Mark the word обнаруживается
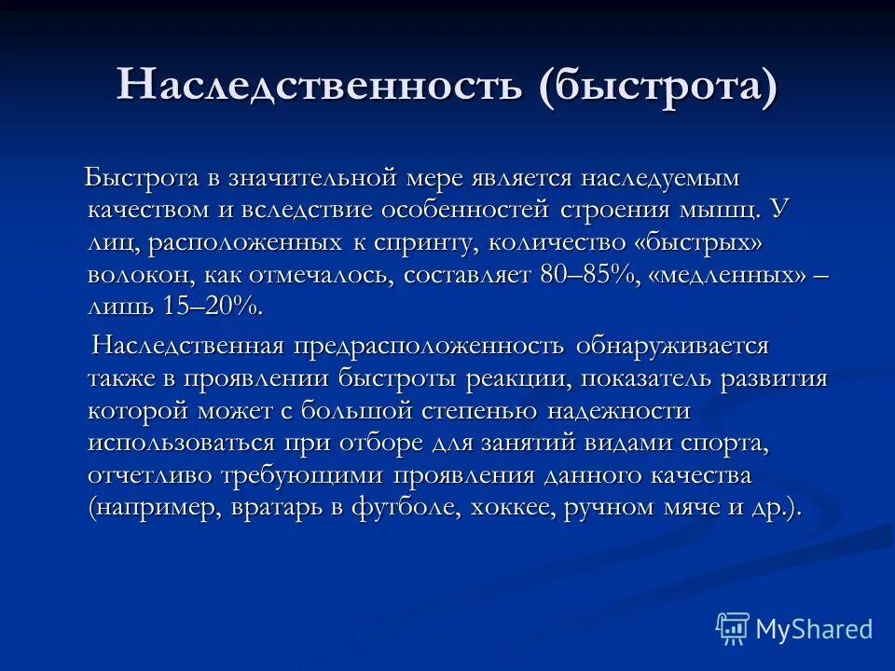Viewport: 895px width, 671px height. tap(672, 347)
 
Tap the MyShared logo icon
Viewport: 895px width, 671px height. tap(733, 629)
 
